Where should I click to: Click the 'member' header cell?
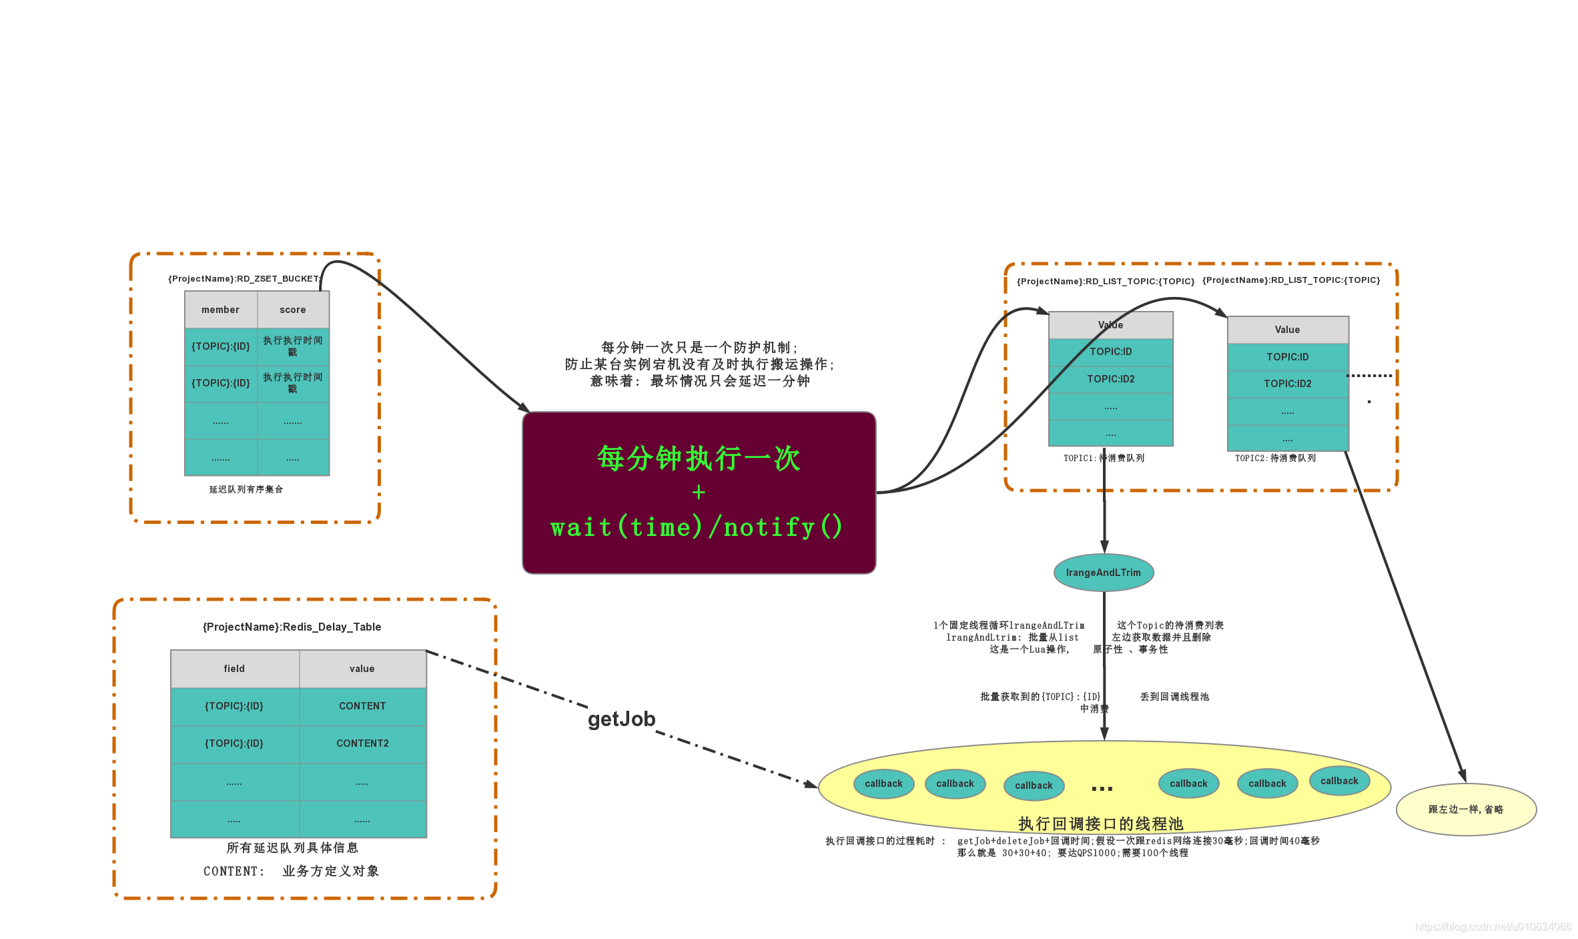coord(221,310)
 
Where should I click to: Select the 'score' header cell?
coord(293,310)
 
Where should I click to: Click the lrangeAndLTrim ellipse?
coord(1104,573)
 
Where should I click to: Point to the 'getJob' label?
coord(621,719)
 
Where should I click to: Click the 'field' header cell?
coord(234,669)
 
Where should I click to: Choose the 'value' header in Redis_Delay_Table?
coord(362,669)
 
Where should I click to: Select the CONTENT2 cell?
coord(362,743)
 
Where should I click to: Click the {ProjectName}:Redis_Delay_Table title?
coord(292,627)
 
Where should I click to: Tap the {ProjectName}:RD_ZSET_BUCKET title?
coord(244,279)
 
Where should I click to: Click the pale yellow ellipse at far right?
coord(1466,810)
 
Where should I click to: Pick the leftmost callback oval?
coord(883,784)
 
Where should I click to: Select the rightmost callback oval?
coord(1339,781)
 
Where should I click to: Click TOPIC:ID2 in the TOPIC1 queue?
coord(1111,379)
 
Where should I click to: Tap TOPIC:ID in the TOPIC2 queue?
coord(1288,357)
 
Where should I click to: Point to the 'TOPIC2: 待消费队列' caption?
coord(1275,458)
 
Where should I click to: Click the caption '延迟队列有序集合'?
coord(246,489)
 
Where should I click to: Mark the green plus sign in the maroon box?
coord(699,493)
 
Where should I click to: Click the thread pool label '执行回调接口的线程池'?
coord(1100,824)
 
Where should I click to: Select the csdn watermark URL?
coord(1493,927)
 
